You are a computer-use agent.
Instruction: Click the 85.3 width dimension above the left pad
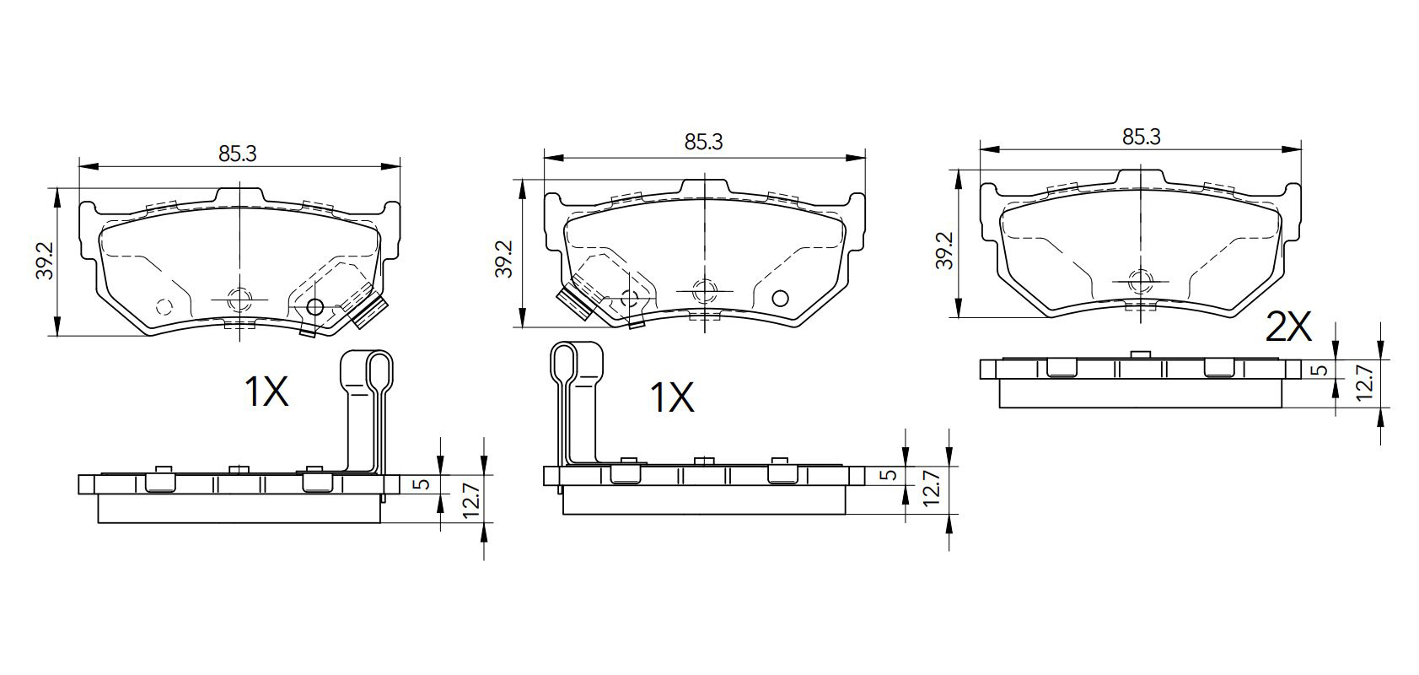(x=238, y=154)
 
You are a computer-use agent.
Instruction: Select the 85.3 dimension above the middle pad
(x=703, y=142)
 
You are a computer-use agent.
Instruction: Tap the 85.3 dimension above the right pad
(x=1141, y=137)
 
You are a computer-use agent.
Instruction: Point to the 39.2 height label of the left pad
(x=45, y=260)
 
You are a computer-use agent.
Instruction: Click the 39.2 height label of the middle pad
(x=503, y=258)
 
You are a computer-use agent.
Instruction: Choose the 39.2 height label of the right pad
(x=943, y=250)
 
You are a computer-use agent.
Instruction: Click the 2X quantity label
(x=1287, y=327)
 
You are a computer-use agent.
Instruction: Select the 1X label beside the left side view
(x=266, y=391)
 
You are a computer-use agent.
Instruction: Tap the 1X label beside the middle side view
(x=672, y=398)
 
